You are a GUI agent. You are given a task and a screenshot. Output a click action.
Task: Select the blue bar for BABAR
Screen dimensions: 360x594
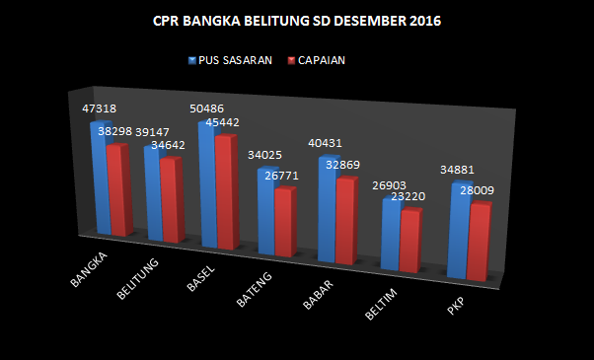(x=327, y=207)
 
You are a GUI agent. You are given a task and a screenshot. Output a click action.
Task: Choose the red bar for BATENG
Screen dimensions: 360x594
(x=283, y=222)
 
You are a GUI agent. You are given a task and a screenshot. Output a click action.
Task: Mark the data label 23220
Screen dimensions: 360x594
(x=406, y=196)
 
